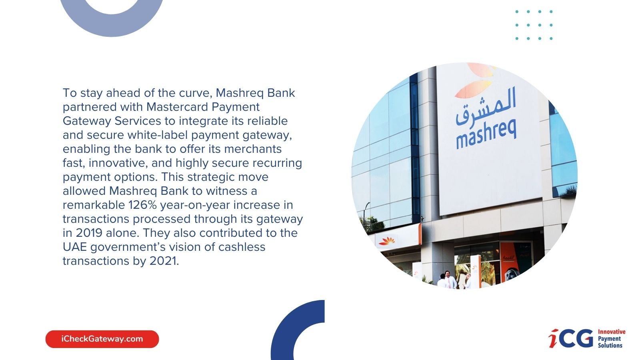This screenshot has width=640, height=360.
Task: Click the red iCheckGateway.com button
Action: click(x=102, y=339)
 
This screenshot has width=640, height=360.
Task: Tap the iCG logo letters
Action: click(x=571, y=338)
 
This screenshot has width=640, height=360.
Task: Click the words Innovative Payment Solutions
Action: click(x=612, y=338)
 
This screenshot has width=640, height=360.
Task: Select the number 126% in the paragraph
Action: click(x=142, y=205)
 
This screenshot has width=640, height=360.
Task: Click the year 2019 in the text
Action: click(x=89, y=233)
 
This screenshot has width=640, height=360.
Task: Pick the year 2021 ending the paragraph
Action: click(x=163, y=261)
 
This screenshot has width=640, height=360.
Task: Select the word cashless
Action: click(x=242, y=247)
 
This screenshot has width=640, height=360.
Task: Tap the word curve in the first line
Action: click(x=195, y=93)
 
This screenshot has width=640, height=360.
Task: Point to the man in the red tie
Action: click(x=448, y=280)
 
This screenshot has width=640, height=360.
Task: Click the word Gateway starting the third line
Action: click(x=87, y=121)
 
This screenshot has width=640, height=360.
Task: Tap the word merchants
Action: click(x=253, y=149)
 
